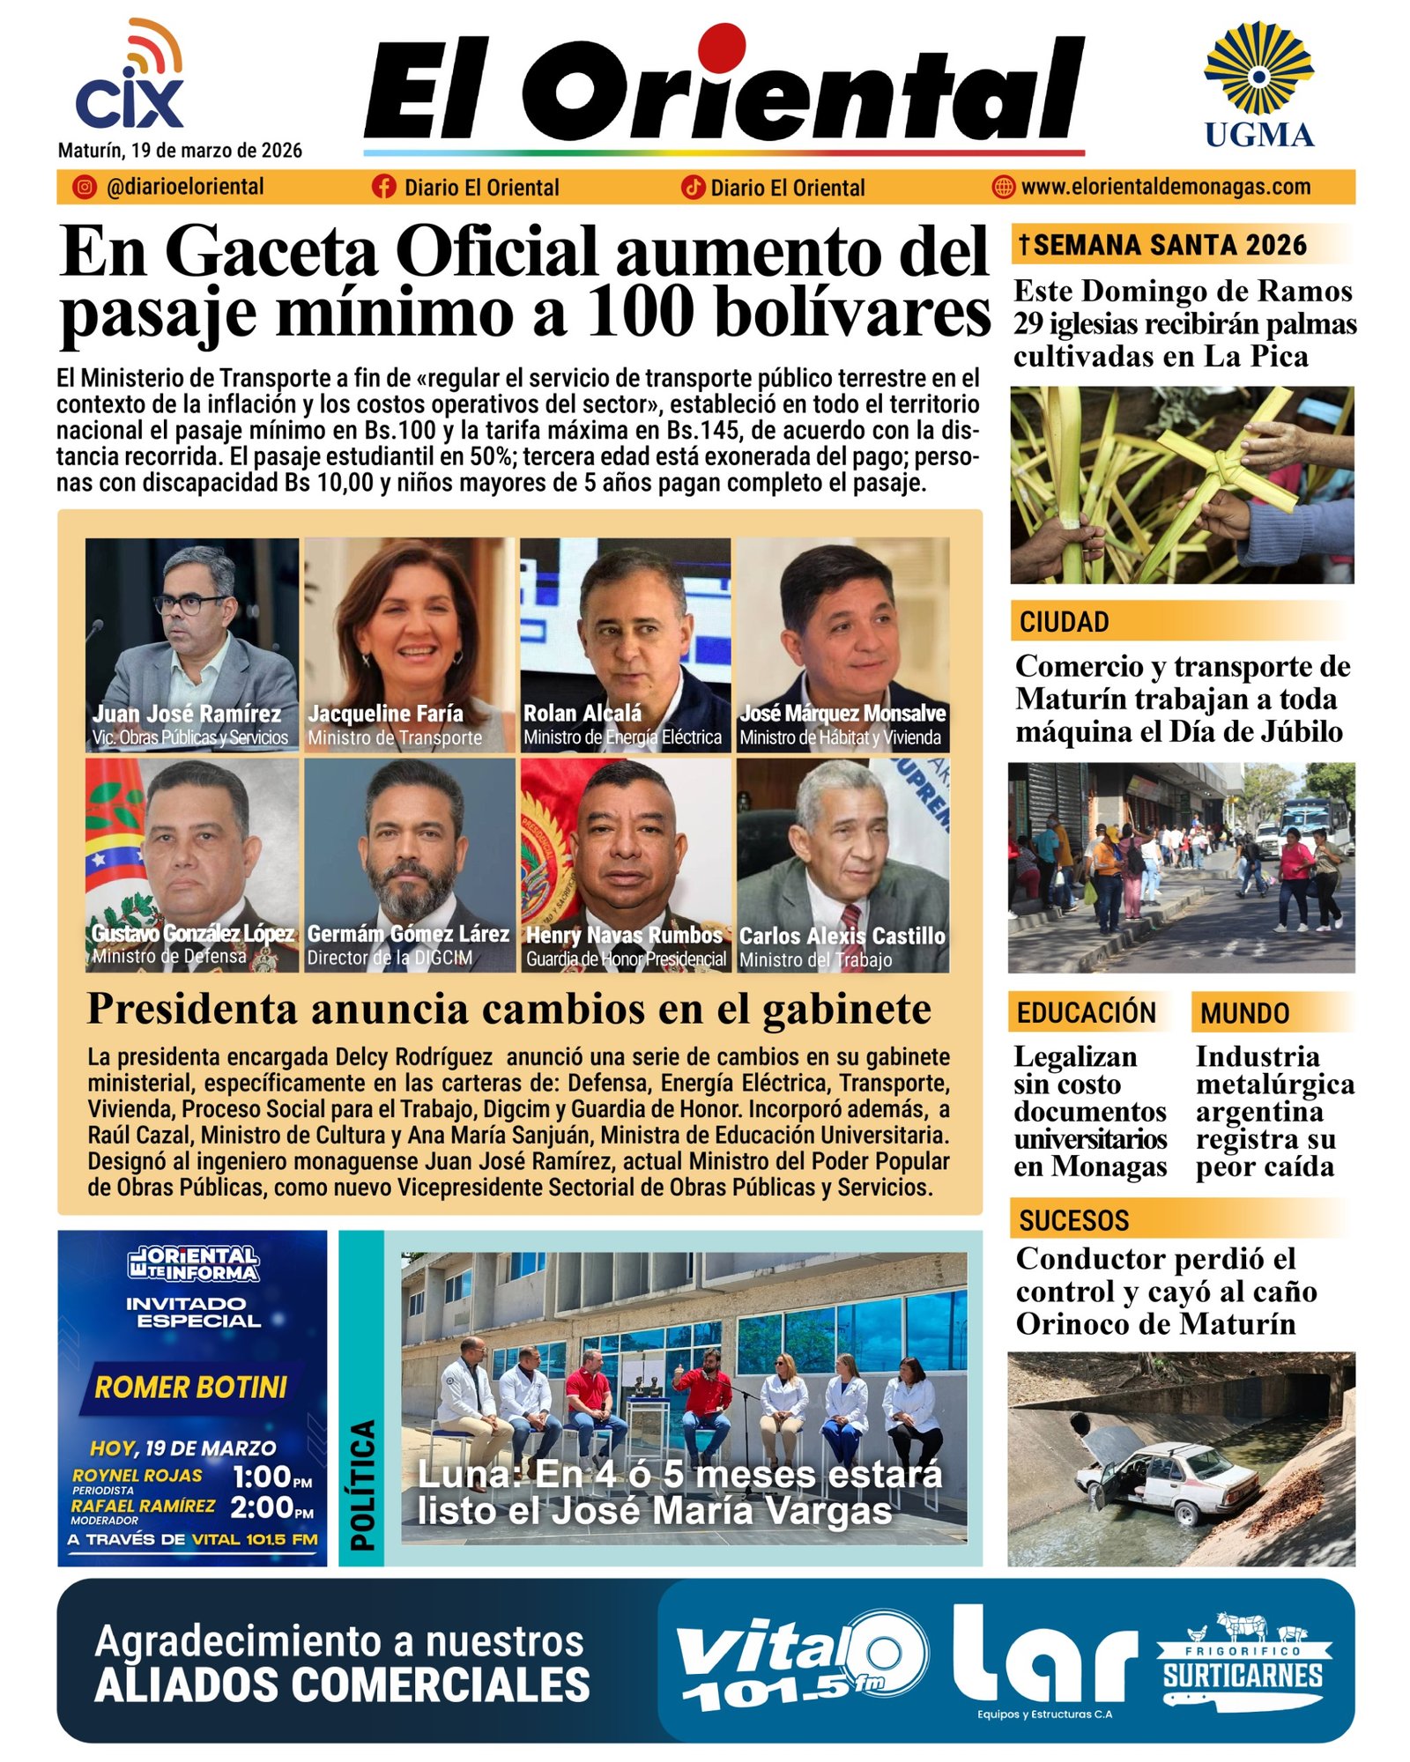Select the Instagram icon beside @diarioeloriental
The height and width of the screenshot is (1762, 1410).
[85, 187]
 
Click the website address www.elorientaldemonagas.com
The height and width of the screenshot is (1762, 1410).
[1165, 187]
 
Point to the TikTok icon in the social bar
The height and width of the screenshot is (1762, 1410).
[693, 187]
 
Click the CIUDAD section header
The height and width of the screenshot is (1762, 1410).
[1065, 622]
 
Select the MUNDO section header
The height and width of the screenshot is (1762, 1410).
[1244, 1013]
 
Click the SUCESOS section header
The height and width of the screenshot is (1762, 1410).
[1073, 1220]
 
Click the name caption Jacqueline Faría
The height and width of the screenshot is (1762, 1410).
[385, 714]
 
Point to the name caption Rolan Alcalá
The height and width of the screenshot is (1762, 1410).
[583, 713]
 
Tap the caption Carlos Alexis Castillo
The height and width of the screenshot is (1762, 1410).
[842, 936]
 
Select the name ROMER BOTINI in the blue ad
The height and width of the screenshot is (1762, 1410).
[191, 1388]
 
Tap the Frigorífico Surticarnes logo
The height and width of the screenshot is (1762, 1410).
[1243, 1665]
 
